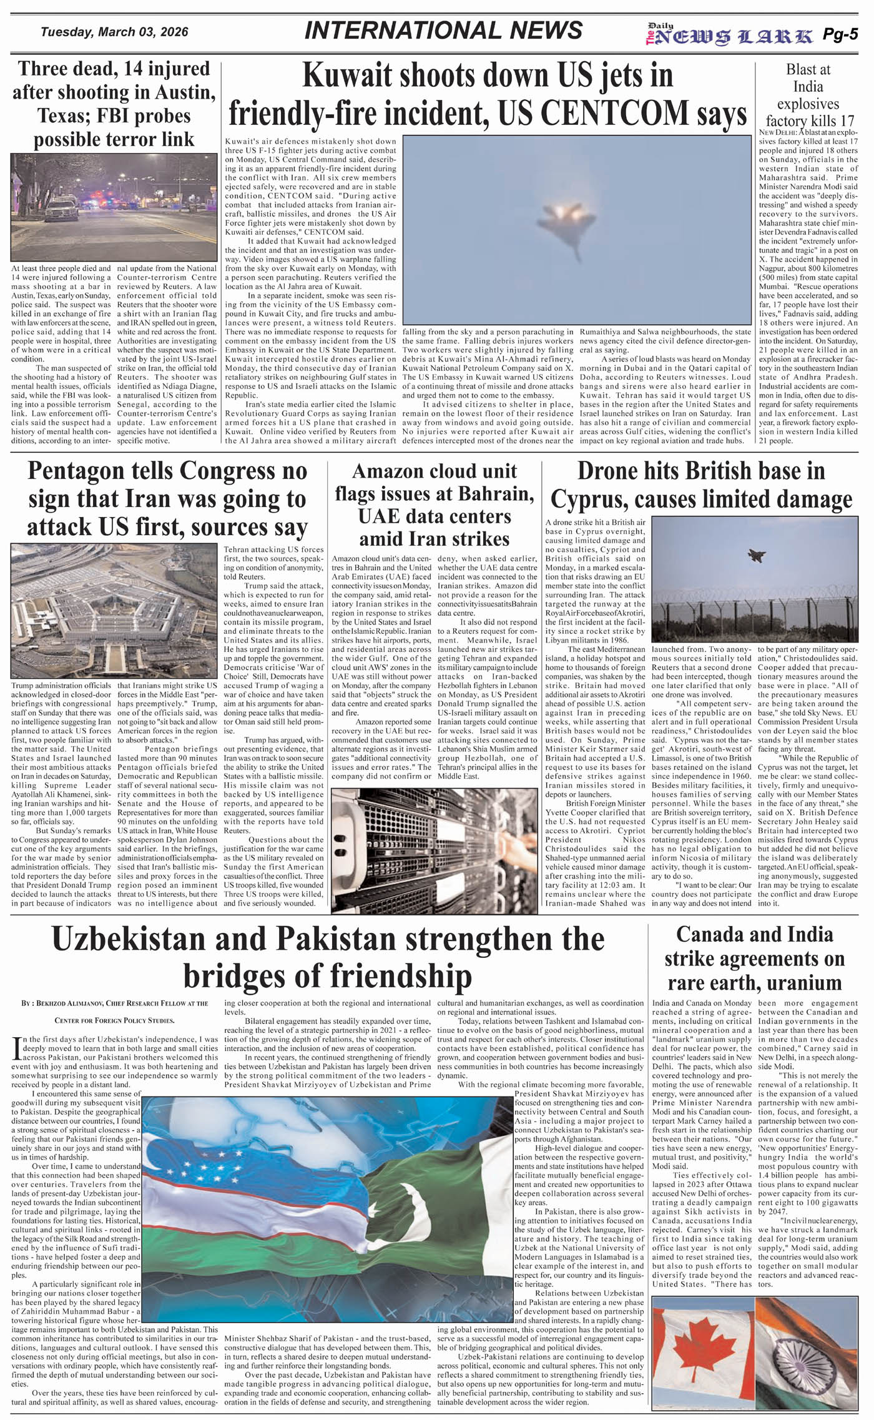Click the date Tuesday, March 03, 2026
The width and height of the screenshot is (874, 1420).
coord(114,32)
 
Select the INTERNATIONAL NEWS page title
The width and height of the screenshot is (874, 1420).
coord(443,31)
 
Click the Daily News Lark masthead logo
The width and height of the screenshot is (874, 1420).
coord(729,36)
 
